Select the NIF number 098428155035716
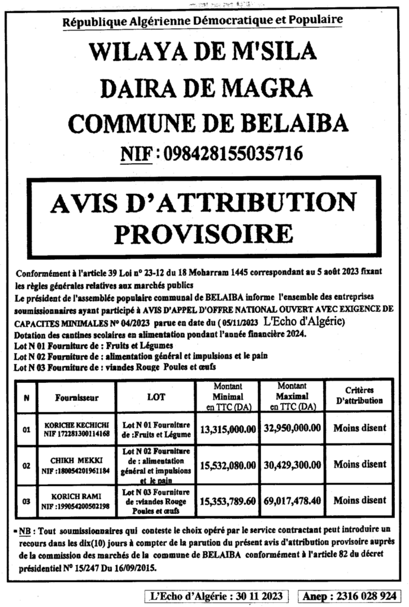pyautogui.click(x=232, y=155)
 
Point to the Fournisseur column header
pyautogui.click(x=76, y=397)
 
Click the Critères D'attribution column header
pyautogui.click(x=359, y=396)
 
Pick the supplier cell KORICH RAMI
pyautogui.click(x=76, y=501)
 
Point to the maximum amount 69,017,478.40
pyautogui.click(x=292, y=501)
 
